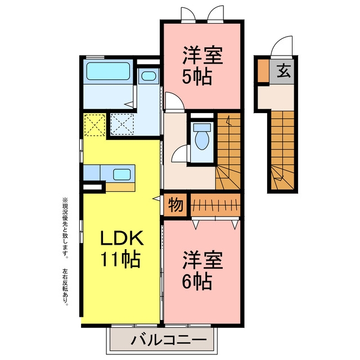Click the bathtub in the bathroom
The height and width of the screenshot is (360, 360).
(108, 71)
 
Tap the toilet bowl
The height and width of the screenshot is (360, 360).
(202, 140)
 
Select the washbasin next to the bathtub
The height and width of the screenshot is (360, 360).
(148, 76)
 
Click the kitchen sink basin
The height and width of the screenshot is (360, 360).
(121, 174)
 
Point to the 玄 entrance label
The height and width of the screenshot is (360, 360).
(283, 71)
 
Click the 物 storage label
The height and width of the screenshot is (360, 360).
(175, 205)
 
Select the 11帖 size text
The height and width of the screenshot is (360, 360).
(120, 260)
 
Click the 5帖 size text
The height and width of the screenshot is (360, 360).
(197, 77)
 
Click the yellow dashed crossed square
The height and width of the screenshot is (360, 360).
(94, 125)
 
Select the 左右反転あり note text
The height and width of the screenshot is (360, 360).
(65, 287)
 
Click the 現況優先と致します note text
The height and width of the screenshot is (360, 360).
(65, 227)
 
